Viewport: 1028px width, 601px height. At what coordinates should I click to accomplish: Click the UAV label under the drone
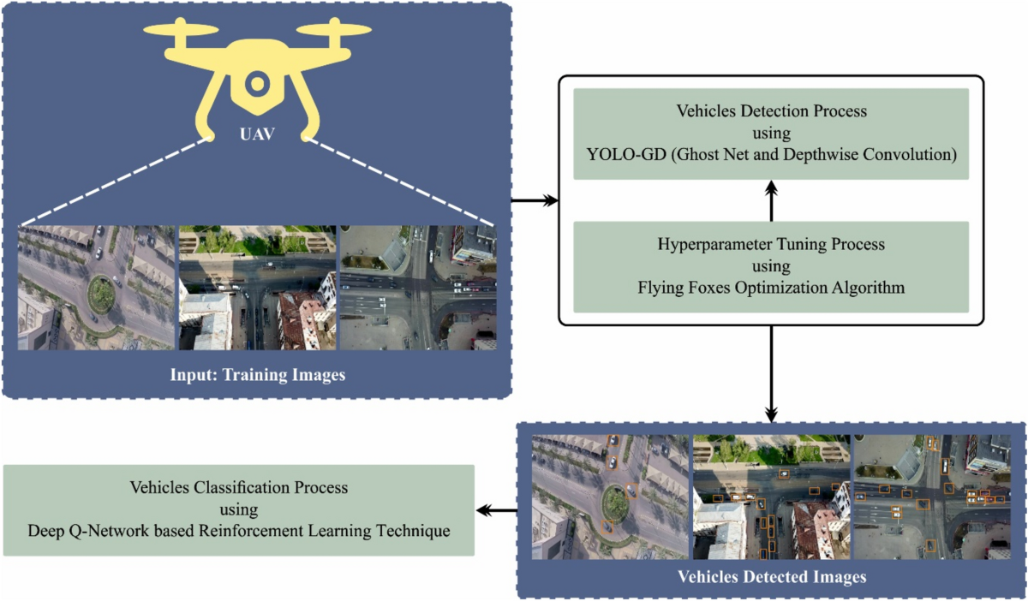coord(256,135)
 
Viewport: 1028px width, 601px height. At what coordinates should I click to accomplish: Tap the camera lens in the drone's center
coord(255,84)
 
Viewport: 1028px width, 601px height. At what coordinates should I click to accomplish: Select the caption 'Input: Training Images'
coord(257,374)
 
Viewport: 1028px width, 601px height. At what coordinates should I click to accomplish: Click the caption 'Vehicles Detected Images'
coord(771,576)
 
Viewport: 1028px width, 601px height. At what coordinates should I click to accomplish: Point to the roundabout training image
coord(96,287)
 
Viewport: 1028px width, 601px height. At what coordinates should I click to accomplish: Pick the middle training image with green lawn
coord(256,287)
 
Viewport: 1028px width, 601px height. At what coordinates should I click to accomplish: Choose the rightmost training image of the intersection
coord(417,287)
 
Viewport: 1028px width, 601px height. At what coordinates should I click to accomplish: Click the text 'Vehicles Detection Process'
coord(771,111)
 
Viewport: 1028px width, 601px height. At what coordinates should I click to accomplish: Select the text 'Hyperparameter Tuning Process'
coord(771,244)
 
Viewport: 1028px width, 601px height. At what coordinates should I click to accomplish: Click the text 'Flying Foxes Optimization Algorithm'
coord(771,288)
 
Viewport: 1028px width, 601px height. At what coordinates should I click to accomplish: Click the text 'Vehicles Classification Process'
coord(238,487)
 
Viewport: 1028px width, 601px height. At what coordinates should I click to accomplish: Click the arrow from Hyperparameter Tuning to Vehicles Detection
coord(771,200)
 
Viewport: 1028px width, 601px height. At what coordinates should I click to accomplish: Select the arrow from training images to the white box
coord(535,201)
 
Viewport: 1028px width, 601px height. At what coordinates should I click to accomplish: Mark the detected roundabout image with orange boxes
coord(610,497)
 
